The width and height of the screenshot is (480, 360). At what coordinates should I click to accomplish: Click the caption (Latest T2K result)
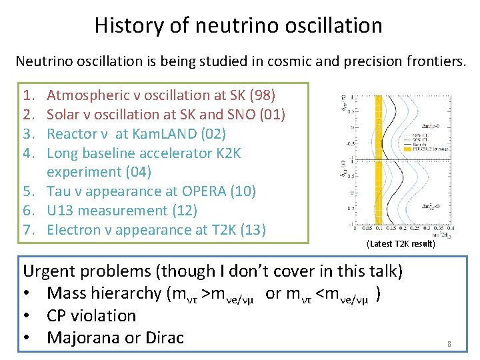[401, 244]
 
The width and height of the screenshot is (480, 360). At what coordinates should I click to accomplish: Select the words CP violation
[91, 315]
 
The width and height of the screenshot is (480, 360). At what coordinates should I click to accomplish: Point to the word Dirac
[163, 337]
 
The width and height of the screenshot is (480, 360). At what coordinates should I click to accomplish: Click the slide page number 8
[449, 344]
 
